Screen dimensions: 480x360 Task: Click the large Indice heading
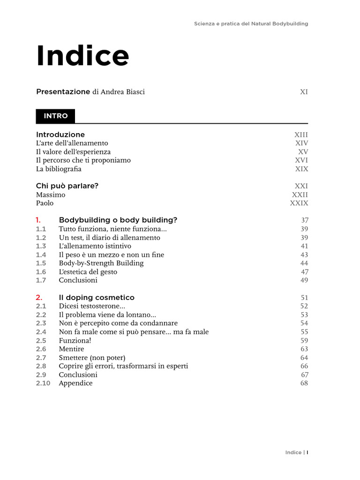coord(82,56)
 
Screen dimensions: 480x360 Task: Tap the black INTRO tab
coord(55,116)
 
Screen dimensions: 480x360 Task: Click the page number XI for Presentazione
coord(304,92)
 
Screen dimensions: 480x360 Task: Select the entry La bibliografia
coord(59,169)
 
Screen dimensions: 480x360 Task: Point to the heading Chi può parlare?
coord(67,186)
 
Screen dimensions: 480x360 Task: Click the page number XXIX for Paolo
coord(299,203)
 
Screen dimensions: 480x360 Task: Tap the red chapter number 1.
coord(38,220)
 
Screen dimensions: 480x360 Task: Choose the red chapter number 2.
coord(39,297)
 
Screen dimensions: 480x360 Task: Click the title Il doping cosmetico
coord(97,297)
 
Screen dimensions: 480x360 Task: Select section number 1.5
coord(41,263)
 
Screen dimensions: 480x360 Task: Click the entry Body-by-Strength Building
coord(101,263)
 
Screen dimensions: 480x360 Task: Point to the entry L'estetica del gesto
coord(88,271)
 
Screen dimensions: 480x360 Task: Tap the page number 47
coord(304,271)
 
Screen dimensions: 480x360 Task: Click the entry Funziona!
coord(75,340)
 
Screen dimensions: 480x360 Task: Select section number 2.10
coord(43,383)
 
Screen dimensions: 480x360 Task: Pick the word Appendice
coord(75,383)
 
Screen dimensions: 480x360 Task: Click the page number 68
coord(304,383)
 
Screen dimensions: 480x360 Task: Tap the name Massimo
coord(51,195)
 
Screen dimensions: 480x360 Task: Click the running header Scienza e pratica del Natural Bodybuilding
coord(251,23)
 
